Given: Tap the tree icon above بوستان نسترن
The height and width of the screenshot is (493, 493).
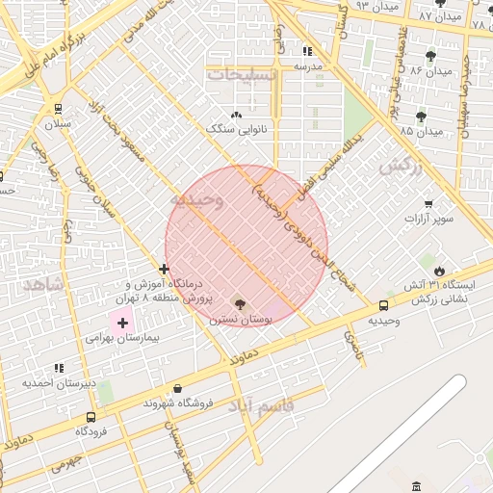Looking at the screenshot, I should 240,304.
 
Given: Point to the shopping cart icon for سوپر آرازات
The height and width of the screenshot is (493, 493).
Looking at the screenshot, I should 428,204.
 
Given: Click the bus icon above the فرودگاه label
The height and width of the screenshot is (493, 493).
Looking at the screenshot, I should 91,418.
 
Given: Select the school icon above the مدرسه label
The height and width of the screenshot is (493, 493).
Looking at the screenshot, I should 307,51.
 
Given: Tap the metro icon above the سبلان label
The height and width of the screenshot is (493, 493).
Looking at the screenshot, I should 60,109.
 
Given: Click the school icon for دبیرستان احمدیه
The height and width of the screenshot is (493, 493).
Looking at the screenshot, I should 60,368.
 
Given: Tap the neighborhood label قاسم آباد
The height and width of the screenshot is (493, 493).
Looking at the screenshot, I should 261,407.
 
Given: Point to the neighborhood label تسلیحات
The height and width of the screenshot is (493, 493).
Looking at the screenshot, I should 242,73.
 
